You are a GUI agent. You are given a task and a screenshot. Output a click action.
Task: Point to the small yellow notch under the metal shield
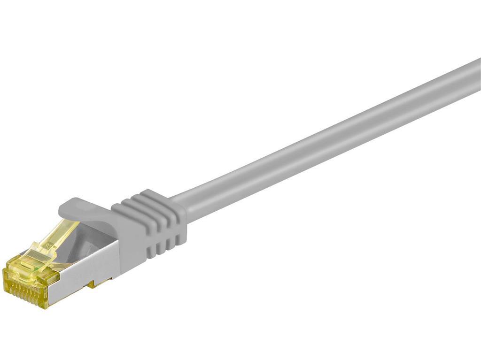[x=93, y=284]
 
